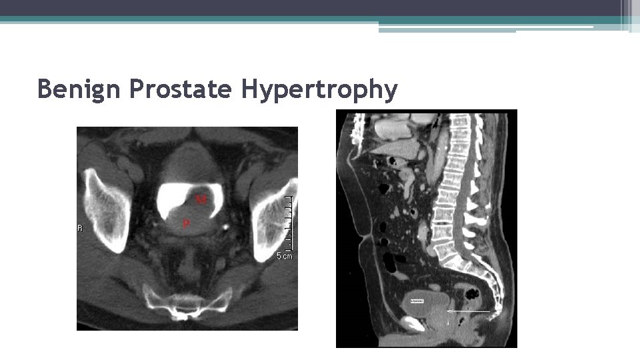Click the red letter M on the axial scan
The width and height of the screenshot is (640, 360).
click(x=201, y=199)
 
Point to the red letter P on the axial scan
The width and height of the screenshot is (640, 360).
click(x=186, y=224)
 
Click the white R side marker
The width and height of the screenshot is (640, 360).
click(x=81, y=228)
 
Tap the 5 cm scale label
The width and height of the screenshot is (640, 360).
click(x=284, y=255)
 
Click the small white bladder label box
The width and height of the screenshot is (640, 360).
click(x=419, y=301)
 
